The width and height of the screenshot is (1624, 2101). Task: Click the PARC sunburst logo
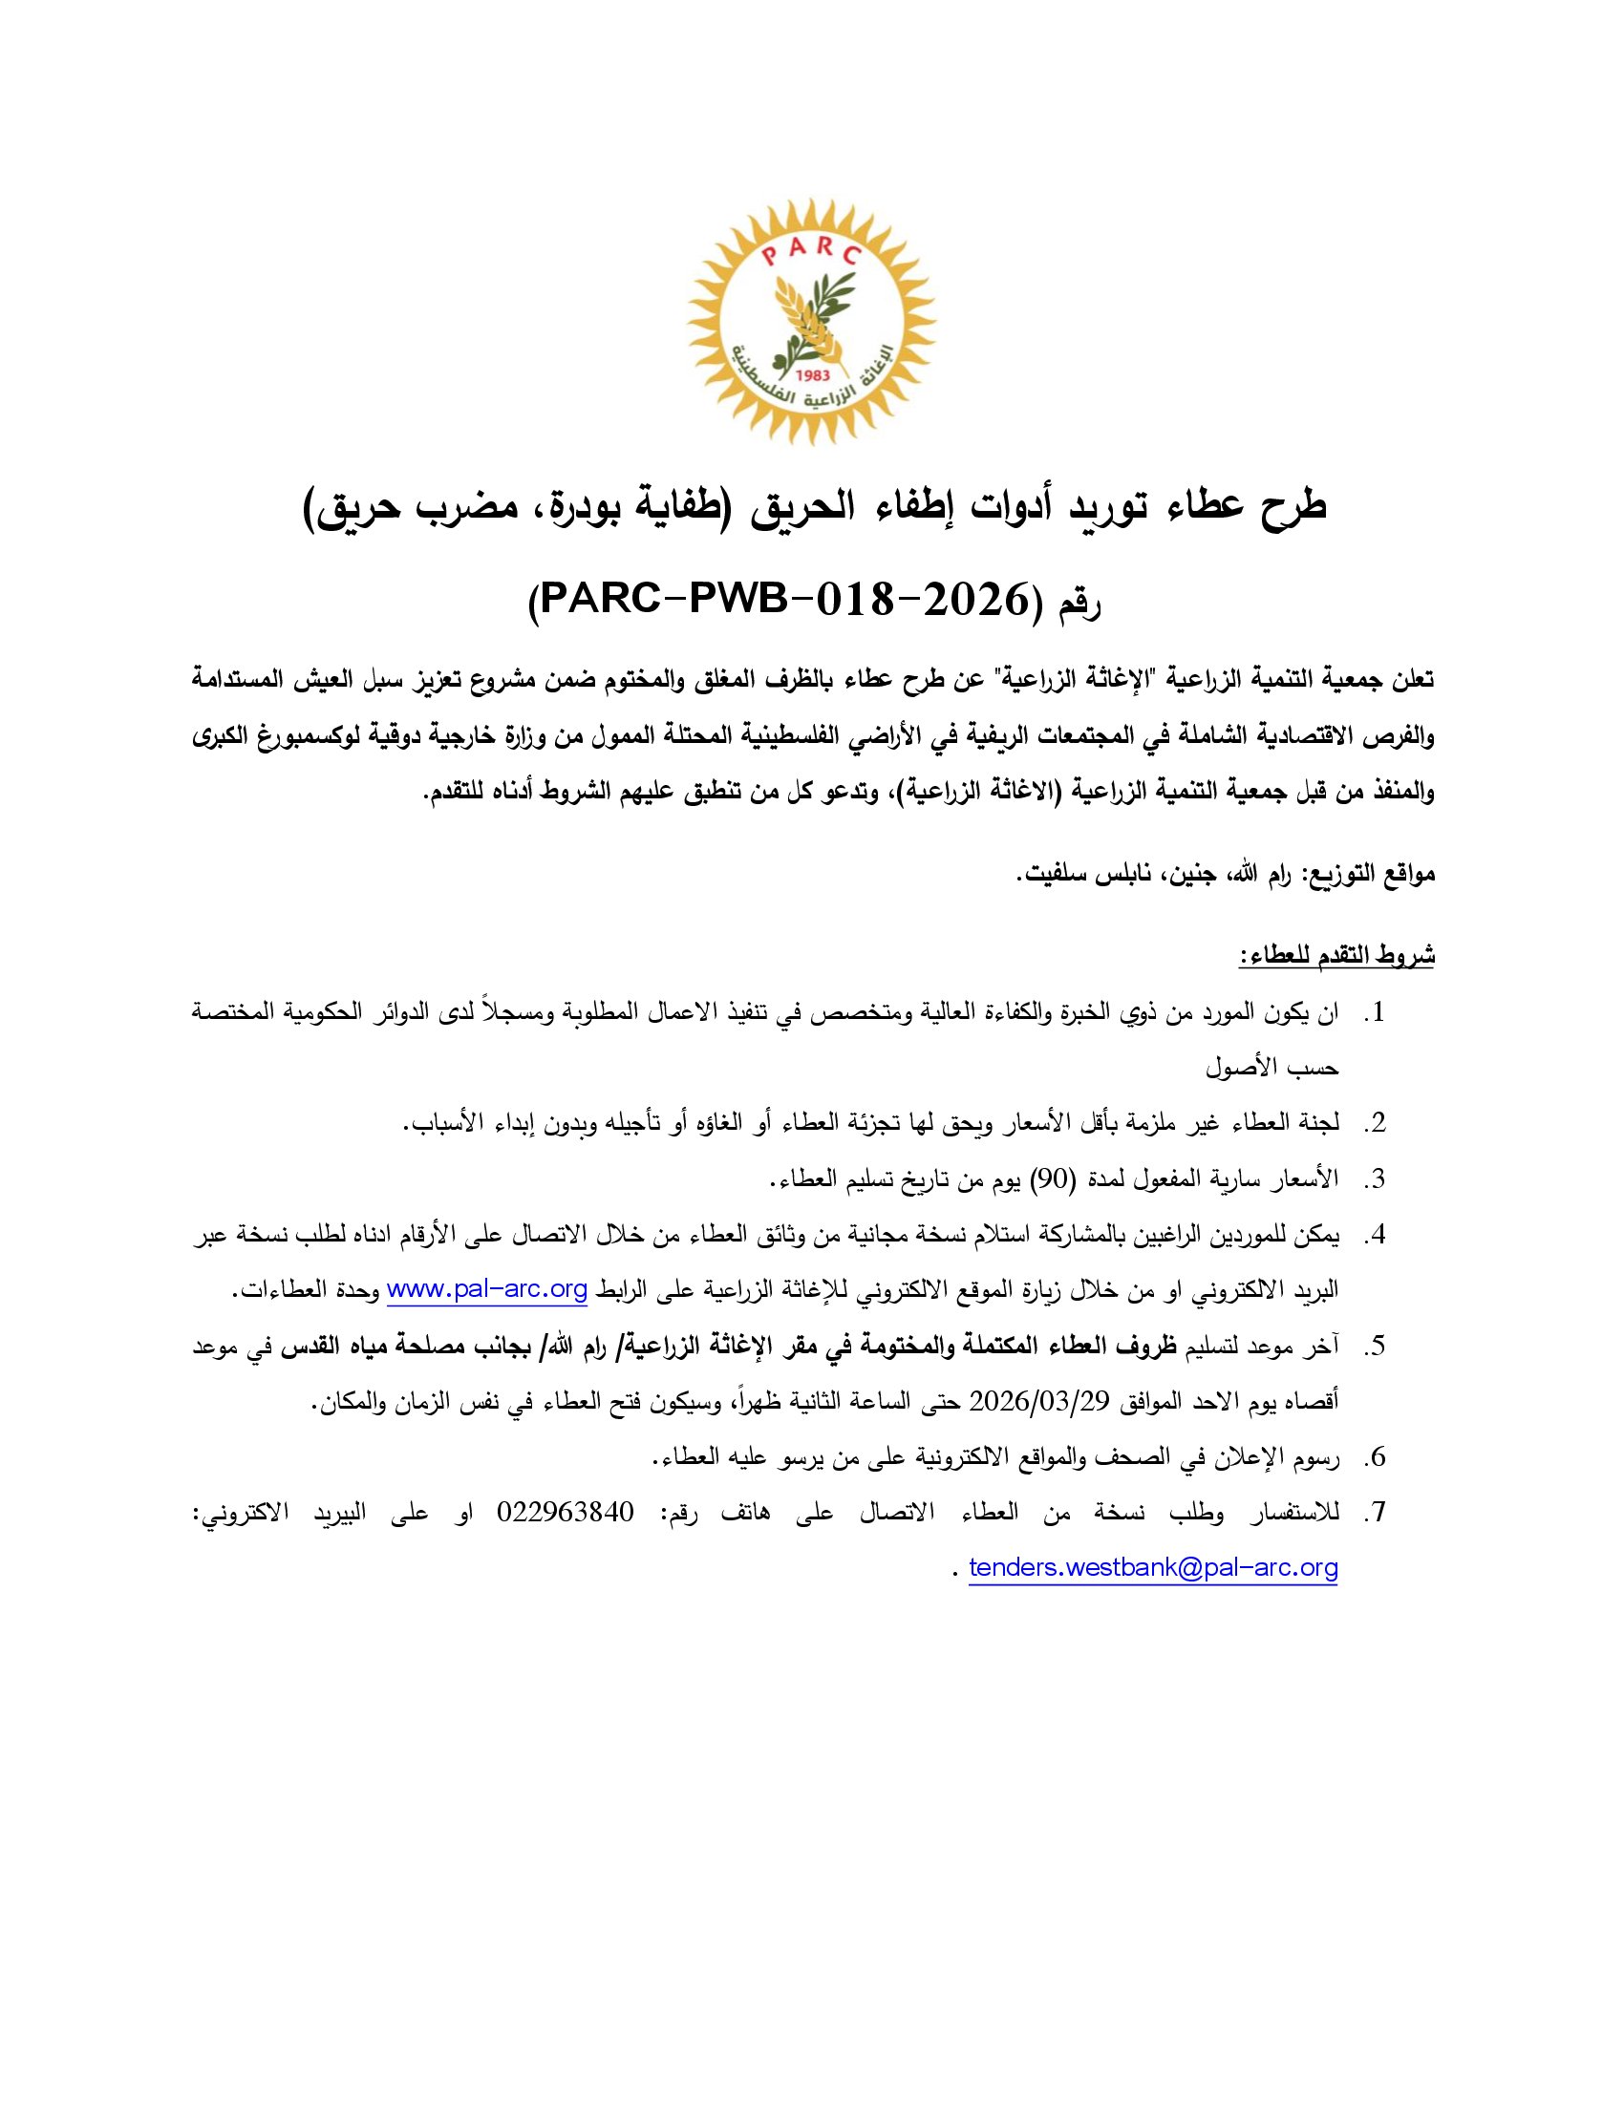811,321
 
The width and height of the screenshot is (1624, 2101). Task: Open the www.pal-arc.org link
487,1291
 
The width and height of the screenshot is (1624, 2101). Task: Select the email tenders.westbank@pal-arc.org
1153,1567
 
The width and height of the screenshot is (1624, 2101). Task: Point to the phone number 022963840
566,1513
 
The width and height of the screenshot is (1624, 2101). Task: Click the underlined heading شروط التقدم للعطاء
1336,955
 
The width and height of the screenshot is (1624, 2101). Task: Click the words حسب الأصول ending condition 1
1271,1068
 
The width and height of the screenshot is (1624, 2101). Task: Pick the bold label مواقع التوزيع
1369,876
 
